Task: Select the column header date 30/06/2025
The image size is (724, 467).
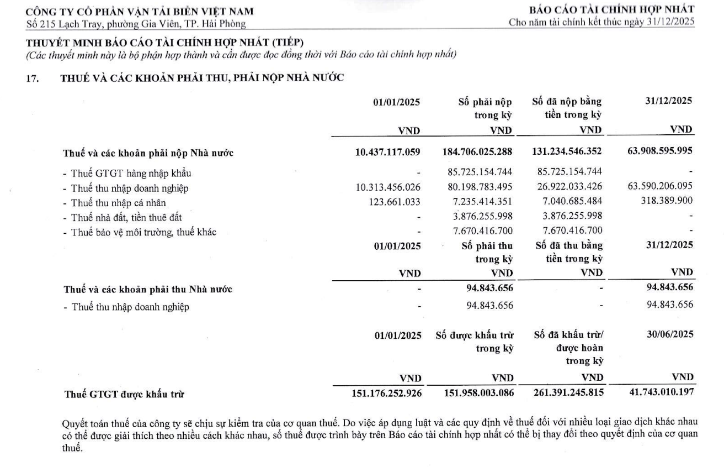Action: [670, 334]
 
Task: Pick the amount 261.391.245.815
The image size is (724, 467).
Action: [567, 393]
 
